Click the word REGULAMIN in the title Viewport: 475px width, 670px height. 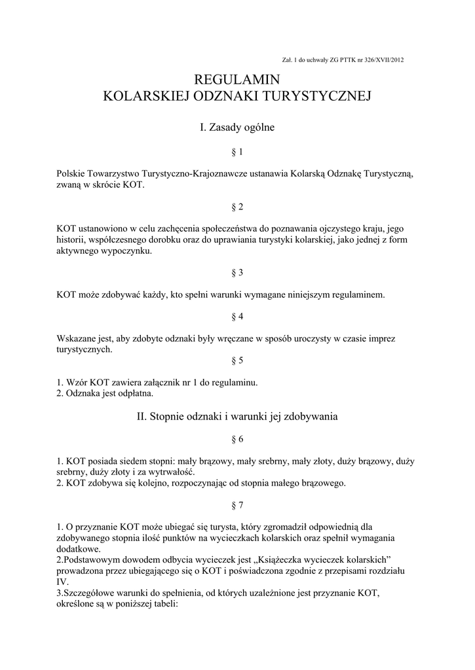tap(237, 79)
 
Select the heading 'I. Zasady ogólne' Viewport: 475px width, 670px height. tap(237, 128)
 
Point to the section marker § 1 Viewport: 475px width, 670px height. tap(237, 152)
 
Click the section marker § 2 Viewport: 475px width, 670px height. tap(237, 207)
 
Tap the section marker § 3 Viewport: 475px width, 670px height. tap(237, 272)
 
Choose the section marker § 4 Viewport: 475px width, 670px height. tap(237, 317)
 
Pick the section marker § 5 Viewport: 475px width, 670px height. tap(237, 360)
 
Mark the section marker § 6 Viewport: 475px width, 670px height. tap(237, 439)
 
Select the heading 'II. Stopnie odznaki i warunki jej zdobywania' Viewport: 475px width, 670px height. tap(237, 416)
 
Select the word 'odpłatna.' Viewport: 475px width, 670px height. tap(135, 394)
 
